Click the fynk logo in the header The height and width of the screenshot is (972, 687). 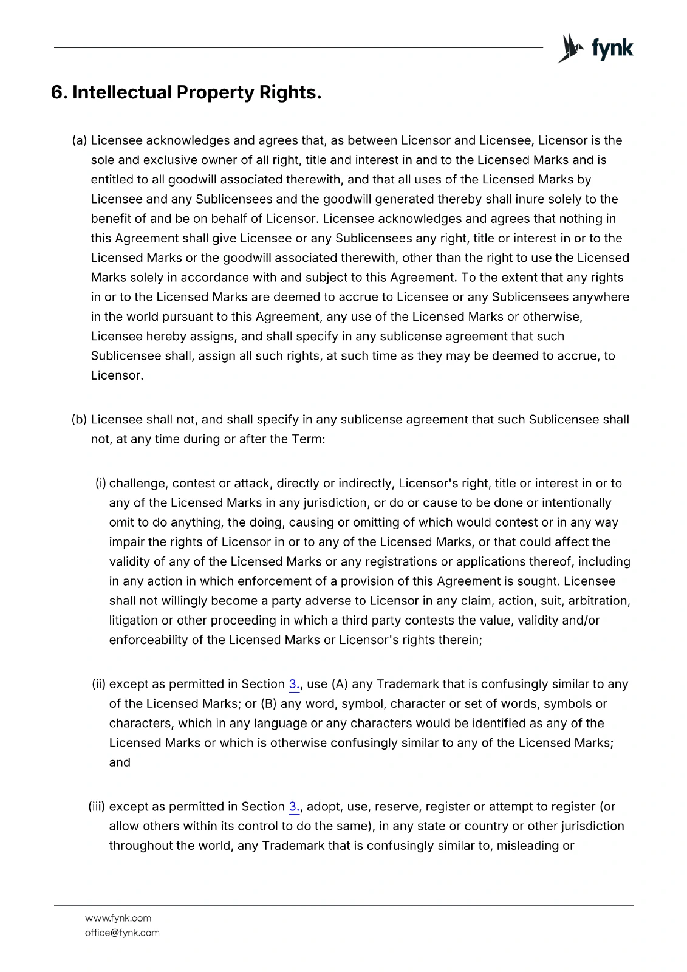595,48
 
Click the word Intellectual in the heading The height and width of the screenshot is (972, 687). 121,93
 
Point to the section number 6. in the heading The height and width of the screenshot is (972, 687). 59,93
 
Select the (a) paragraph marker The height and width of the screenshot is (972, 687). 80,141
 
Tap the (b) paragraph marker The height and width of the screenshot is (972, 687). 80,420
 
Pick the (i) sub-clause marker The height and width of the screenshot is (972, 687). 101,484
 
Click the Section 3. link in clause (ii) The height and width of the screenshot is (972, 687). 294,685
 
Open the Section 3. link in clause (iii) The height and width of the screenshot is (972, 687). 294,807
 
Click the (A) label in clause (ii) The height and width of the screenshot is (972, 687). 340,685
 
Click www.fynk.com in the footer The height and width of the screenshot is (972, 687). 118,918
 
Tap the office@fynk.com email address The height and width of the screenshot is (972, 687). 122,933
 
